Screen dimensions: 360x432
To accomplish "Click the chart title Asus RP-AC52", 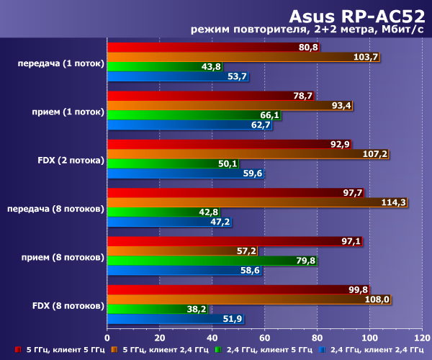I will coord(356,15).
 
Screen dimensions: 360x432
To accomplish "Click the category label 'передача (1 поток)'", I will coord(60,63).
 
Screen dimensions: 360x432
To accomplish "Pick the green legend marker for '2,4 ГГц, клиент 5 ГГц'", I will coord(218,351).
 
